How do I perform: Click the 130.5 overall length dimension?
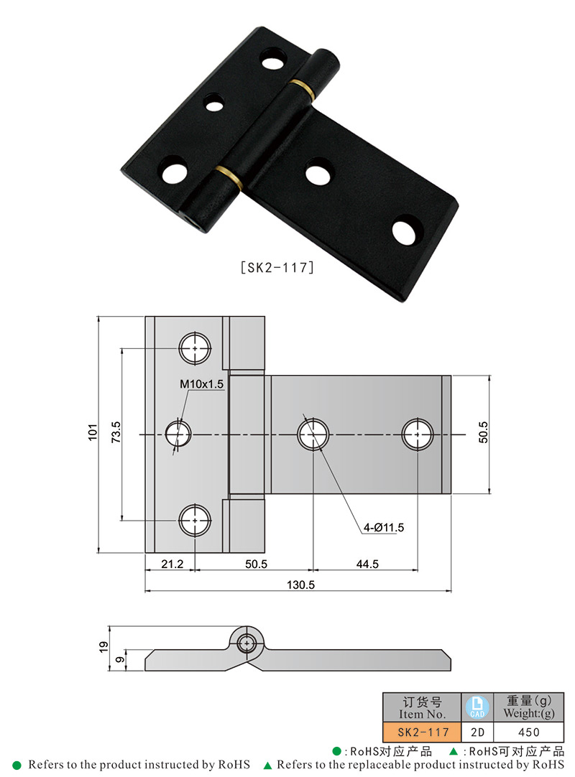[300, 585]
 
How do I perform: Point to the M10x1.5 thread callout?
[202, 384]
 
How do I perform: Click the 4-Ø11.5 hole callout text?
[384, 528]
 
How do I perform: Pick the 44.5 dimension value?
[367, 564]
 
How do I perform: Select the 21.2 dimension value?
[172, 564]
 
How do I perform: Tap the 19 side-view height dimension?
[103, 647]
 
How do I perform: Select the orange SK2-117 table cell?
[423, 732]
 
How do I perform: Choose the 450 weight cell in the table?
[528, 732]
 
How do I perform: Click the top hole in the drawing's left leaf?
[195, 348]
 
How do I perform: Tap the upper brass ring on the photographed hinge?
[305, 88]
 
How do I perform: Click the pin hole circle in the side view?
[249, 643]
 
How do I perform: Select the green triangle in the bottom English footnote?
[267, 766]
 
